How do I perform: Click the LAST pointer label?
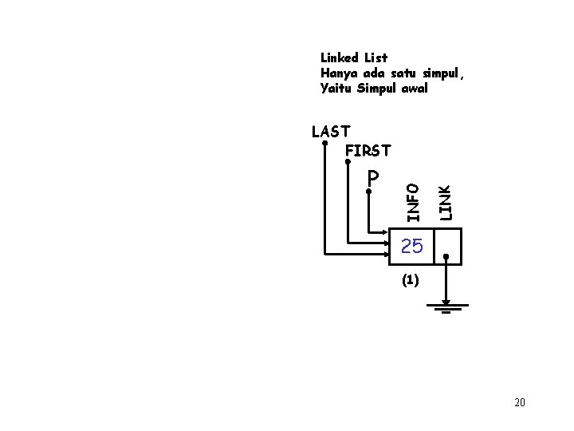332,132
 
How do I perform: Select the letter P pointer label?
373,177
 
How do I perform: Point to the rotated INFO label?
411,201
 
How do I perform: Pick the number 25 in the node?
412,247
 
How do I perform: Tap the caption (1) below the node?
410,280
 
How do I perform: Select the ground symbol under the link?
446,308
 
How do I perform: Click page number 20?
520,402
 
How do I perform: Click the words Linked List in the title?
354,57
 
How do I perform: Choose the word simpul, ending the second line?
442,73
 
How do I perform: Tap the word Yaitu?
336,89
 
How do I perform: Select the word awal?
414,89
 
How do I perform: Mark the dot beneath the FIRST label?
348,163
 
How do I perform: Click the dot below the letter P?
369,192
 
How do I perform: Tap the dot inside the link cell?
446,257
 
